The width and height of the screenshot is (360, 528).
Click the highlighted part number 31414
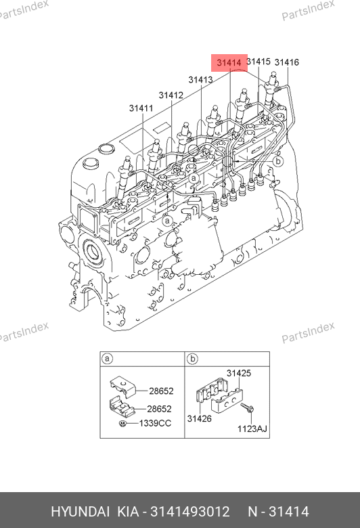point(229,63)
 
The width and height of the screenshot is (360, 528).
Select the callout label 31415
point(258,62)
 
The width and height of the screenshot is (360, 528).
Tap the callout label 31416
point(287,62)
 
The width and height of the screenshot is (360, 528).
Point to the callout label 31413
point(200,80)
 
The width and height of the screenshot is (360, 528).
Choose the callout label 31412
point(171,95)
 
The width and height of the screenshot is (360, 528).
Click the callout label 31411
point(141,108)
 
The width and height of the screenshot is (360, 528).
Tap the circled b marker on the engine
point(278,161)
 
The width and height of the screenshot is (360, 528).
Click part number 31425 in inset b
point(239,373)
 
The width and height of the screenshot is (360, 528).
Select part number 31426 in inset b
point(200,418)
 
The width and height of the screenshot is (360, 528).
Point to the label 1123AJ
point(252,428)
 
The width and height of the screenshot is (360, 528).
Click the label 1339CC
point(155,423)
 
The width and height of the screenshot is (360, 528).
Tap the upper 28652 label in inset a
point(161,391)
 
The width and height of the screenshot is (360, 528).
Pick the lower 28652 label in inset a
point(159,409)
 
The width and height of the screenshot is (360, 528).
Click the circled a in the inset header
point(107,359)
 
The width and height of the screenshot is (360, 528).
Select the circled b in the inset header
point(192,359)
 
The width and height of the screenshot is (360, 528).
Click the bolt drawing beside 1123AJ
point(247,408)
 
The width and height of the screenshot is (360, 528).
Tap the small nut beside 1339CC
point(123,423)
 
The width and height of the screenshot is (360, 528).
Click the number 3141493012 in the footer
point(190,512)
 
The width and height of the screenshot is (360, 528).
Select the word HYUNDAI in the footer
point(80,512)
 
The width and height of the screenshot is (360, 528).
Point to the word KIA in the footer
point(128,512)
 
